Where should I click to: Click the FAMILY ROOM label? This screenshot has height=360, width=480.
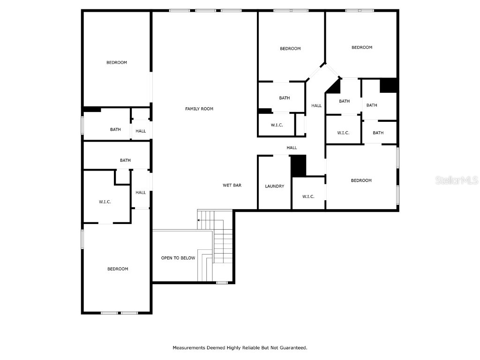[199, 109]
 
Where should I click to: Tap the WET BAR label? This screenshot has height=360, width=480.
[232, 186]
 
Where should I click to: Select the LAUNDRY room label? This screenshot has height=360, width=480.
[274, 186]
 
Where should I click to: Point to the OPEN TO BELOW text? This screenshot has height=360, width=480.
[178, 258]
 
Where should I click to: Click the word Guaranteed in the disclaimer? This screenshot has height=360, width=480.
[293, 348]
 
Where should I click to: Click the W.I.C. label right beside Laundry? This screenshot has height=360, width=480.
[308, 196]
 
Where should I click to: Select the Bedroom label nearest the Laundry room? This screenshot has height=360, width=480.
[361, 180]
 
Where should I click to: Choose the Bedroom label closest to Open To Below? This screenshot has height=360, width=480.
[118, 269]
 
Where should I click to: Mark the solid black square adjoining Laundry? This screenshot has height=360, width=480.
[298, 166]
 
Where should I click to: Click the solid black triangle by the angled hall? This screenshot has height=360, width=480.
[334, 87]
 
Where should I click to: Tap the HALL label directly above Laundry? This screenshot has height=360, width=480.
[292, 148]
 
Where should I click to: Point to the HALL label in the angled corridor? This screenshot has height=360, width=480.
[316, 105]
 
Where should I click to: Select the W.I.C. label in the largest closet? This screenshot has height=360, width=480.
[105, 202]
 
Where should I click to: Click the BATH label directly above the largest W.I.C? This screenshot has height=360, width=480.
[125, 160]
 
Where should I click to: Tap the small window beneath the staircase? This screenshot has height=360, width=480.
[222, 282]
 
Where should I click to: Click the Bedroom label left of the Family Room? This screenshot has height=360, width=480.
[117, 62]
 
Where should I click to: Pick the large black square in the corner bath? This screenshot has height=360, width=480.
[389, 85]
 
